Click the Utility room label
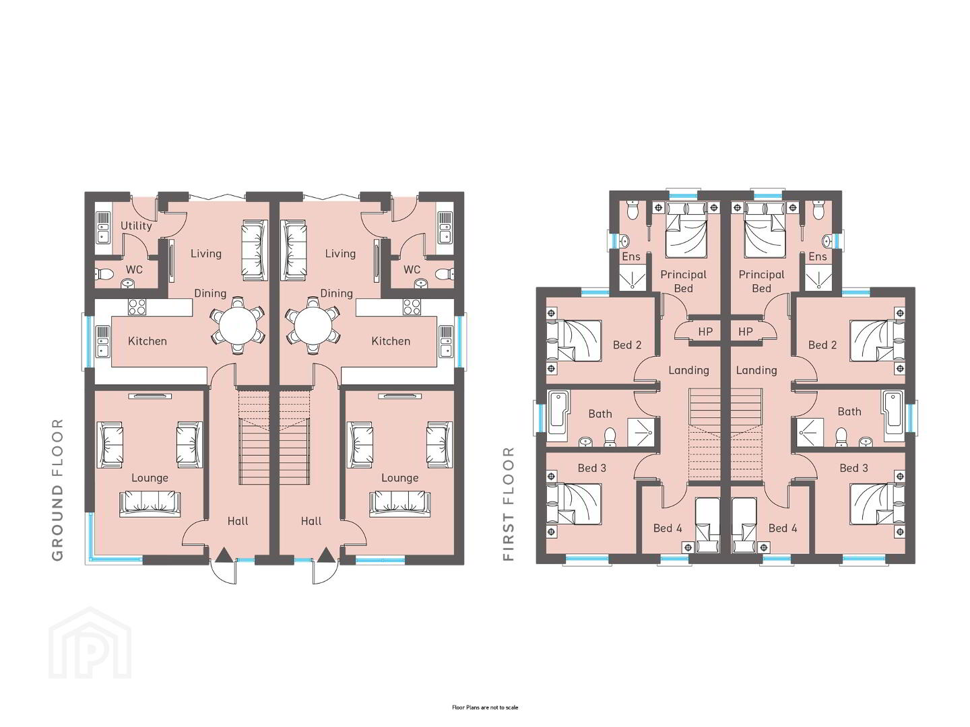pyautogui.click(x=136, y=226)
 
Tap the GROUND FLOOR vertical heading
pyautogui.click(x=58, y=489)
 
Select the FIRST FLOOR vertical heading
pyautogui.click(x=509, y=504)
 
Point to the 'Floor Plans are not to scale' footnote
pyautogui.click(x=485, y=707)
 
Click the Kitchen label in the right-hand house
pyautogui.click(x=391, y=341)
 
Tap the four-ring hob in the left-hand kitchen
pyautogui.click(x=137, y=307)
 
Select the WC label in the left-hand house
pyautogui.click(x=134, y=270)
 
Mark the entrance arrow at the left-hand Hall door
pyautogui.click(x=223, y=555)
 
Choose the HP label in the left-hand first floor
pyautogui.click(x=705, y=331)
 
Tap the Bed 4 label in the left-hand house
pyautogui.click(x=668, y=528)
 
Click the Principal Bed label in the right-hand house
pyautogui.click(x=761, y=281)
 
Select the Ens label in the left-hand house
pyautogui.click(x=631, y=256)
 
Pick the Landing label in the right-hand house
pyautogui.click(x=756, y=370)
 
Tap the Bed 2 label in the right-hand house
pyautogui.click(x=822, y=345)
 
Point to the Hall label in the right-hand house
pyautogui.click(x=311, y=521)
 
